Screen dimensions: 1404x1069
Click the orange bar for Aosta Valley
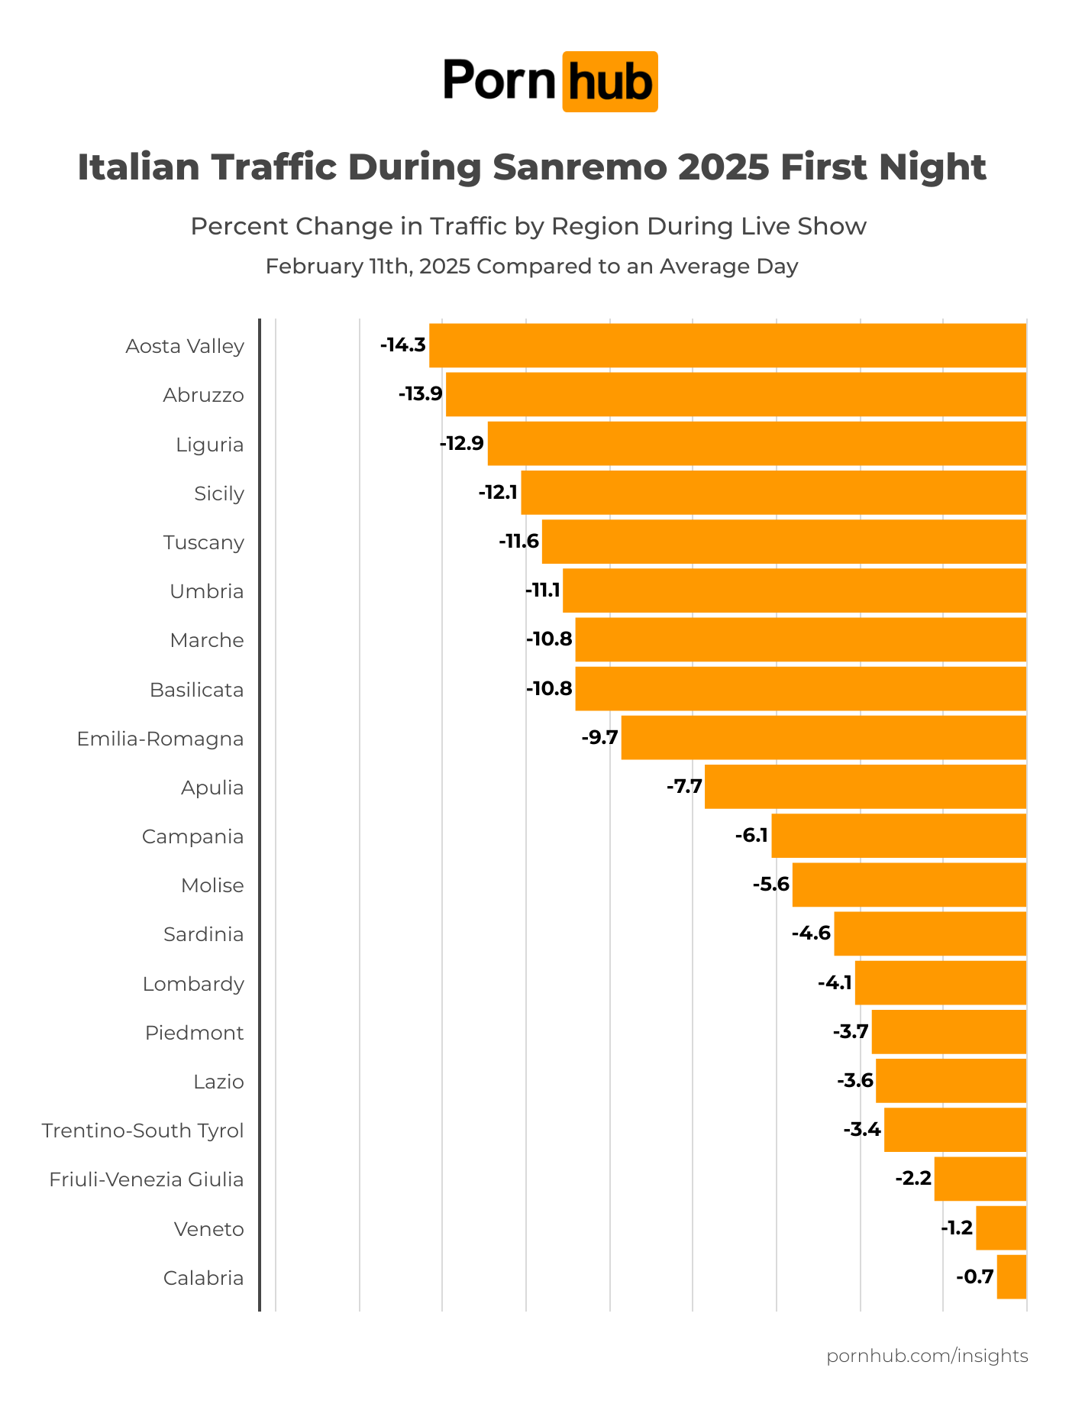click(x=728, y=345)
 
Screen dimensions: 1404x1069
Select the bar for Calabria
click(x=1012, y=1277)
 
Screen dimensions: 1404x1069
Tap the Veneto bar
click(x=1001, y=1228)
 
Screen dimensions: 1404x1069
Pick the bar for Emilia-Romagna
click(x=824, y=738)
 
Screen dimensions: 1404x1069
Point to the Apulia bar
click(x=865, y=787)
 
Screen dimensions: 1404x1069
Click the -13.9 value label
click(x=420, y=394)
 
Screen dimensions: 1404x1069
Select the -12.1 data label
click(x=498, y=493)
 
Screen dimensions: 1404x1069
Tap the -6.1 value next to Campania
click(x=751, y=836)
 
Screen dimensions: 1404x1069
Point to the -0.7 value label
click(x=975, y=1277)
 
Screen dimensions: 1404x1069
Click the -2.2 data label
click(x=913, y=1179)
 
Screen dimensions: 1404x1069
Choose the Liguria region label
click(x=210, y=445)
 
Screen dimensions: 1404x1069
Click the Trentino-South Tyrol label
click(x=143, y=1131)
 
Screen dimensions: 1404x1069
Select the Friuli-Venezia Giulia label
click(x=147, y=1179)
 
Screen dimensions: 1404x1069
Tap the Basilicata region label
click(x=197, y=690)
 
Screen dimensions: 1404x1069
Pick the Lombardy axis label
click(x=193, y=984)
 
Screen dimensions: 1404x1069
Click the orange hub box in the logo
click(x=610, y=82)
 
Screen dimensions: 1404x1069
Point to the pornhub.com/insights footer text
click(x=927, y=1356)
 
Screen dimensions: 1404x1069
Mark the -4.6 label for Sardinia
click(x=811, y=933)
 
